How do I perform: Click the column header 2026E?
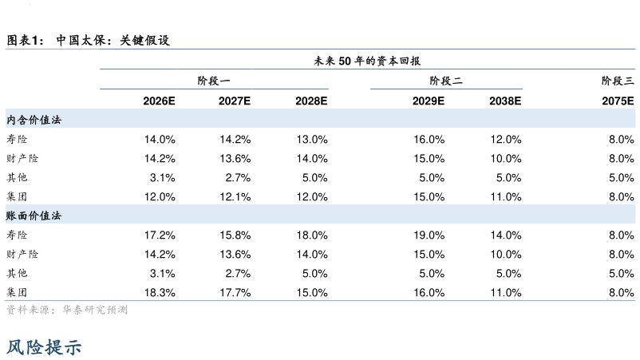[x=159, y=101]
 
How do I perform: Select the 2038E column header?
[x=505, y=101]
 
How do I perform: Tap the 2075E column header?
[x=618, y=101]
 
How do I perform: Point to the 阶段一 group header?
[x=214, y=81]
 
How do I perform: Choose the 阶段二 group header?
[x=446, y=81]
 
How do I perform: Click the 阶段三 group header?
[x=618, y=81]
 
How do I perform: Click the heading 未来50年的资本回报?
[x=367, y=61]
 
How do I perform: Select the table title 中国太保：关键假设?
[x=113, y=40]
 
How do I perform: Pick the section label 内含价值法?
[x=34, y=120]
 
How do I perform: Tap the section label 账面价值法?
[x=34, y=216]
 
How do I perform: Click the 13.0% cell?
[x=312, y=140]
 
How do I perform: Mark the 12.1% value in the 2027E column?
[x=235, y=197]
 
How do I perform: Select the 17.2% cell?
[x=160, y=235]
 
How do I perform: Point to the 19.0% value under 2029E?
[x=429, y=235]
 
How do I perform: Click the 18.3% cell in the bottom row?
[x=160, y=293]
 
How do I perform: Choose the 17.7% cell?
[x=235, y=293]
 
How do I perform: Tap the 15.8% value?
[x=235, y=235]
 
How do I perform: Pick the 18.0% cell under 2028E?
[x=312, y=235]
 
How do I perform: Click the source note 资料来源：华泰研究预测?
[x=67, y=310]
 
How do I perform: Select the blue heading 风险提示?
[x=44, y=347]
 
